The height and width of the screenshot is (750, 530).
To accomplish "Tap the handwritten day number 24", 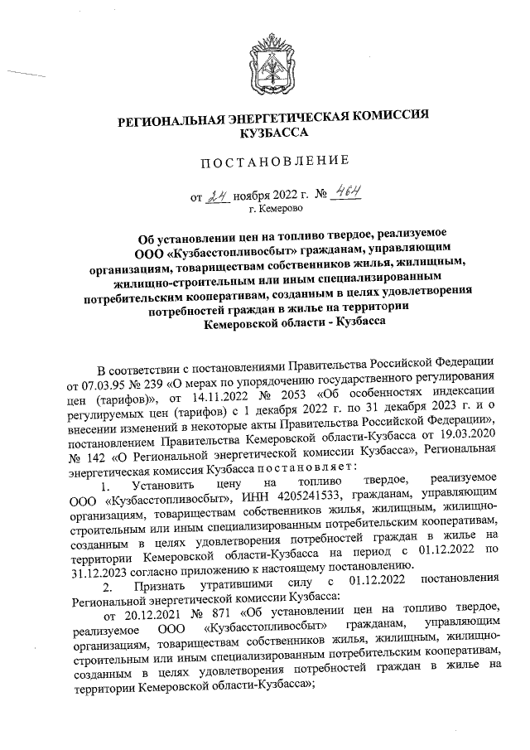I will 217,196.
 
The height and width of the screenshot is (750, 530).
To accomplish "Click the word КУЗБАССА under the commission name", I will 272,132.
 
